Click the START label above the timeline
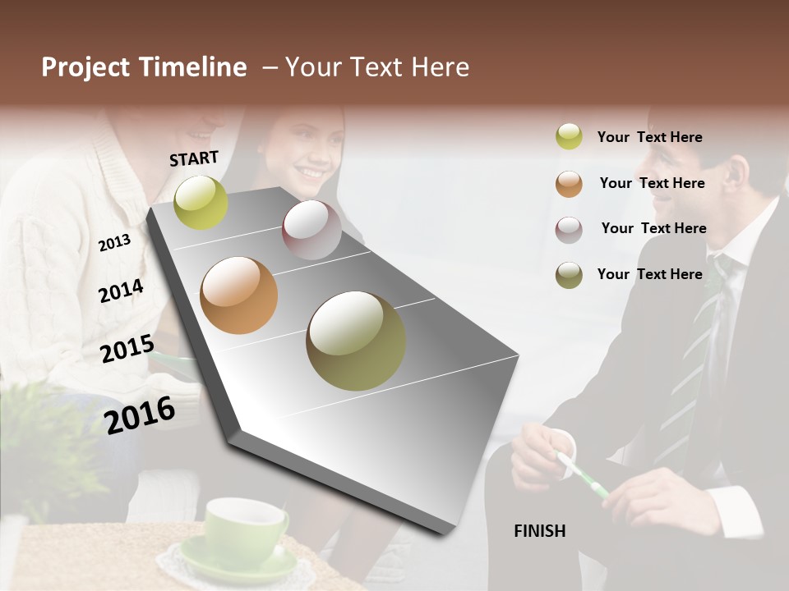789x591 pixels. tap(194, 158)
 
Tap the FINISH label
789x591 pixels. tap(539, 531)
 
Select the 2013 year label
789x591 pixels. tap(114, 242)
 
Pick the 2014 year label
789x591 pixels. tap(121, 291)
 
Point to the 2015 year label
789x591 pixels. tap(127, 349)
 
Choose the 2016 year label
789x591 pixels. tap(140, 415)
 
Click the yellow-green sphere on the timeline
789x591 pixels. tap(201, 202)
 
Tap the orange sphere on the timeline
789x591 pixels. tap(238, 295)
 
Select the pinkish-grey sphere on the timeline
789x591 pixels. tap(311, 230)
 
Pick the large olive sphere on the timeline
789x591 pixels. tap(356, 341)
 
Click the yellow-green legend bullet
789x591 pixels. tap(569, 137)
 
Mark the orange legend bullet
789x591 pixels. tap(569, 184)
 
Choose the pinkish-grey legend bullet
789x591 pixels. tap(569, 229)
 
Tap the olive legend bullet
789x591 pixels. tap(569, 275)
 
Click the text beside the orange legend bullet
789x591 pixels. tap(652, 183)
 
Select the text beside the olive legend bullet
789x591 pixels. tap(649, 274)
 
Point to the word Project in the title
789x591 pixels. tap(87, 67)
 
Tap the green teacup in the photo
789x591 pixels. tap(245, 525)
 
